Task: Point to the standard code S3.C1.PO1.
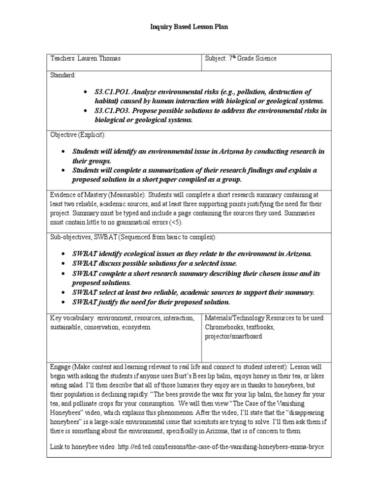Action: coord(113,92)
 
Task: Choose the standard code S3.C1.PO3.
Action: coord(113,111)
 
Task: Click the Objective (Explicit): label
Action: coord(78,134)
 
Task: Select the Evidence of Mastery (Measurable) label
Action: coord(96,193)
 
